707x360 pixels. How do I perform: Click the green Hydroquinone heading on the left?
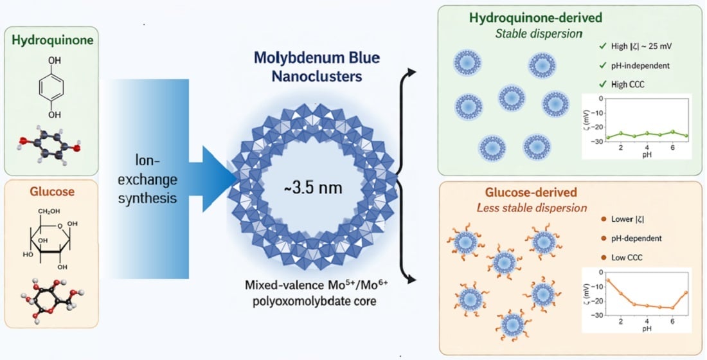click(x=52, y=40)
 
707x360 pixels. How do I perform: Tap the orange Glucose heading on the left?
click(x=52, y=192)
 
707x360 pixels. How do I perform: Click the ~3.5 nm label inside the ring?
click(x=312, y=188)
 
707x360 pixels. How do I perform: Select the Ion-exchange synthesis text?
click(x=147, y=179)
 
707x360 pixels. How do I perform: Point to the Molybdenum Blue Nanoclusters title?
click(x=316, y=67)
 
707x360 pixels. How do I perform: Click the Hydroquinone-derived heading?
click(x=535, y=18)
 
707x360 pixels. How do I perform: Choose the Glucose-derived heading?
click(x=531, y=192)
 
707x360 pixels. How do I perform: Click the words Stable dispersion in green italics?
click(x=539, y=34)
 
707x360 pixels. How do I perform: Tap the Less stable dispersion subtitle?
click(x=532, y=208)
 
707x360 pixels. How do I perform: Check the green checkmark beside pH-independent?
click(x=603, y=66)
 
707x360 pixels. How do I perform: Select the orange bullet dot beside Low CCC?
click(x=604, y=258)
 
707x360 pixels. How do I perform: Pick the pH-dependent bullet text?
click(x=637, y=239)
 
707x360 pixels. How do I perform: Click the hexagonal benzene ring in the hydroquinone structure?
click(x=51, y=87)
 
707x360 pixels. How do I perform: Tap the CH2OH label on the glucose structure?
click(x=49, y=211)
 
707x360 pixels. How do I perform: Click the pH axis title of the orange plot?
click(x=647, y=328)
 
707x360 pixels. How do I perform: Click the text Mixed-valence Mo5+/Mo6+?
click(x=316, y=285)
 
